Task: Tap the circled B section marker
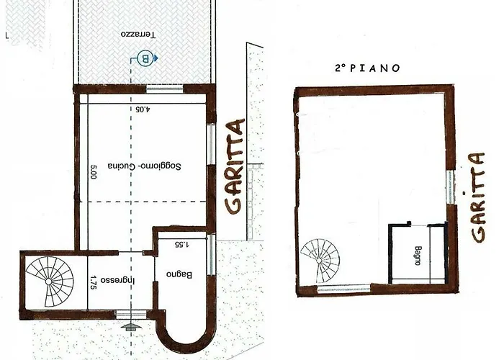click(145, 58)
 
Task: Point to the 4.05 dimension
click(144, 109)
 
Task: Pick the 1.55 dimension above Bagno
click(181, 245)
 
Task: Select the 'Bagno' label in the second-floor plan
click(417, 255)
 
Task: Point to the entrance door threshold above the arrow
click(128, 315)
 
